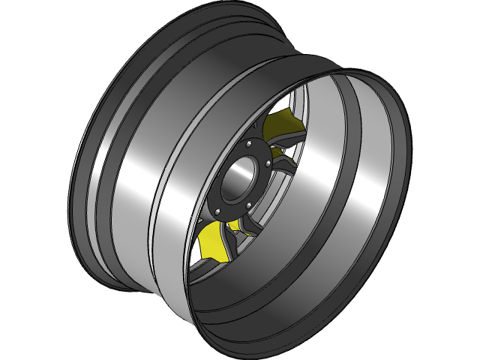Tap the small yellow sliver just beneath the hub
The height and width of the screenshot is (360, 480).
click(234, 226)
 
